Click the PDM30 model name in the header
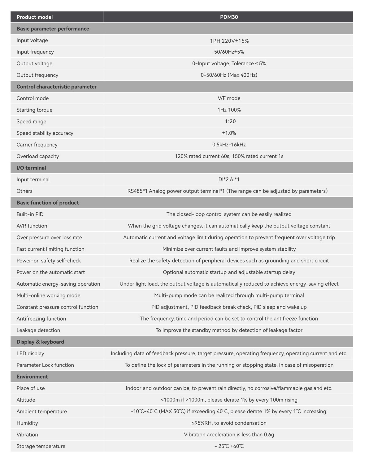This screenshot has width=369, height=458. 229,17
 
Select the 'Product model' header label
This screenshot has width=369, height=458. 34,17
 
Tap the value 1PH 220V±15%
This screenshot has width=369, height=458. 229,41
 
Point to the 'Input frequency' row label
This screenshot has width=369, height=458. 35,52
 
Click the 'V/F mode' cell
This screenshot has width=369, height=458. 229,98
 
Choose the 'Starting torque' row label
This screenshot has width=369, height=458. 34,110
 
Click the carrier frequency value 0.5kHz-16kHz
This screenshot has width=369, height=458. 229,145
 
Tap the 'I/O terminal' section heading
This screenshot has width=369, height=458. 31,168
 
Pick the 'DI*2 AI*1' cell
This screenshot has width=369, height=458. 229,179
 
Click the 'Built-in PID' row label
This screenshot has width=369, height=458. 30,214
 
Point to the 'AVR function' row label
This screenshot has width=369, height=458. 32,226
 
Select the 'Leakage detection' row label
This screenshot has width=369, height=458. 38,330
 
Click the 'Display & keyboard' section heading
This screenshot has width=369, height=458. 40,342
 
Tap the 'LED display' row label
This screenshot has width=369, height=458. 30,353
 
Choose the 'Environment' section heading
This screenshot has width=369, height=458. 32,377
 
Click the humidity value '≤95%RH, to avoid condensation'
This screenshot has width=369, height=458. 229,423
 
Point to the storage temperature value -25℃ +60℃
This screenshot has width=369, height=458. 229,446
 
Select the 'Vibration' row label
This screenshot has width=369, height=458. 27,434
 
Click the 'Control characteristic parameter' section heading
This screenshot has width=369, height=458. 56,87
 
